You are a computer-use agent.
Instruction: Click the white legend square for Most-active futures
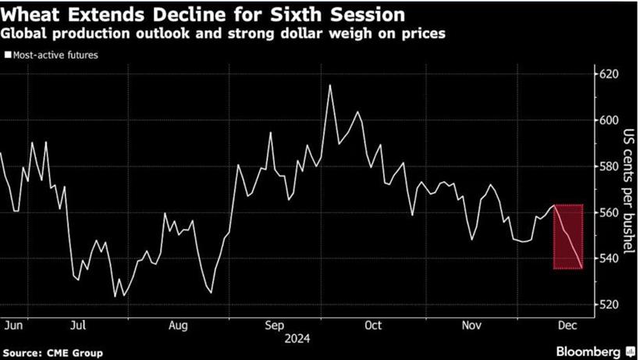point(8,55)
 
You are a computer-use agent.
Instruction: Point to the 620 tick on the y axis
point(608,74)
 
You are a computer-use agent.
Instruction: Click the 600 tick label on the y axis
point(608,120)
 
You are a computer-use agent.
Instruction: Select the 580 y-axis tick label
point(608,166)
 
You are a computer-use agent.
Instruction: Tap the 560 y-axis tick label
point(608,212)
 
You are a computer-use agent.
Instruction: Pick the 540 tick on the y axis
point(608,258)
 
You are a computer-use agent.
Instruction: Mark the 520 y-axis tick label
point(608,305)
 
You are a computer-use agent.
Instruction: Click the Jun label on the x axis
point(12,323)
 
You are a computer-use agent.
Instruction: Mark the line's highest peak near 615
point(330,85)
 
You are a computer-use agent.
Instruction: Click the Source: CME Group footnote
point(52,353)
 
